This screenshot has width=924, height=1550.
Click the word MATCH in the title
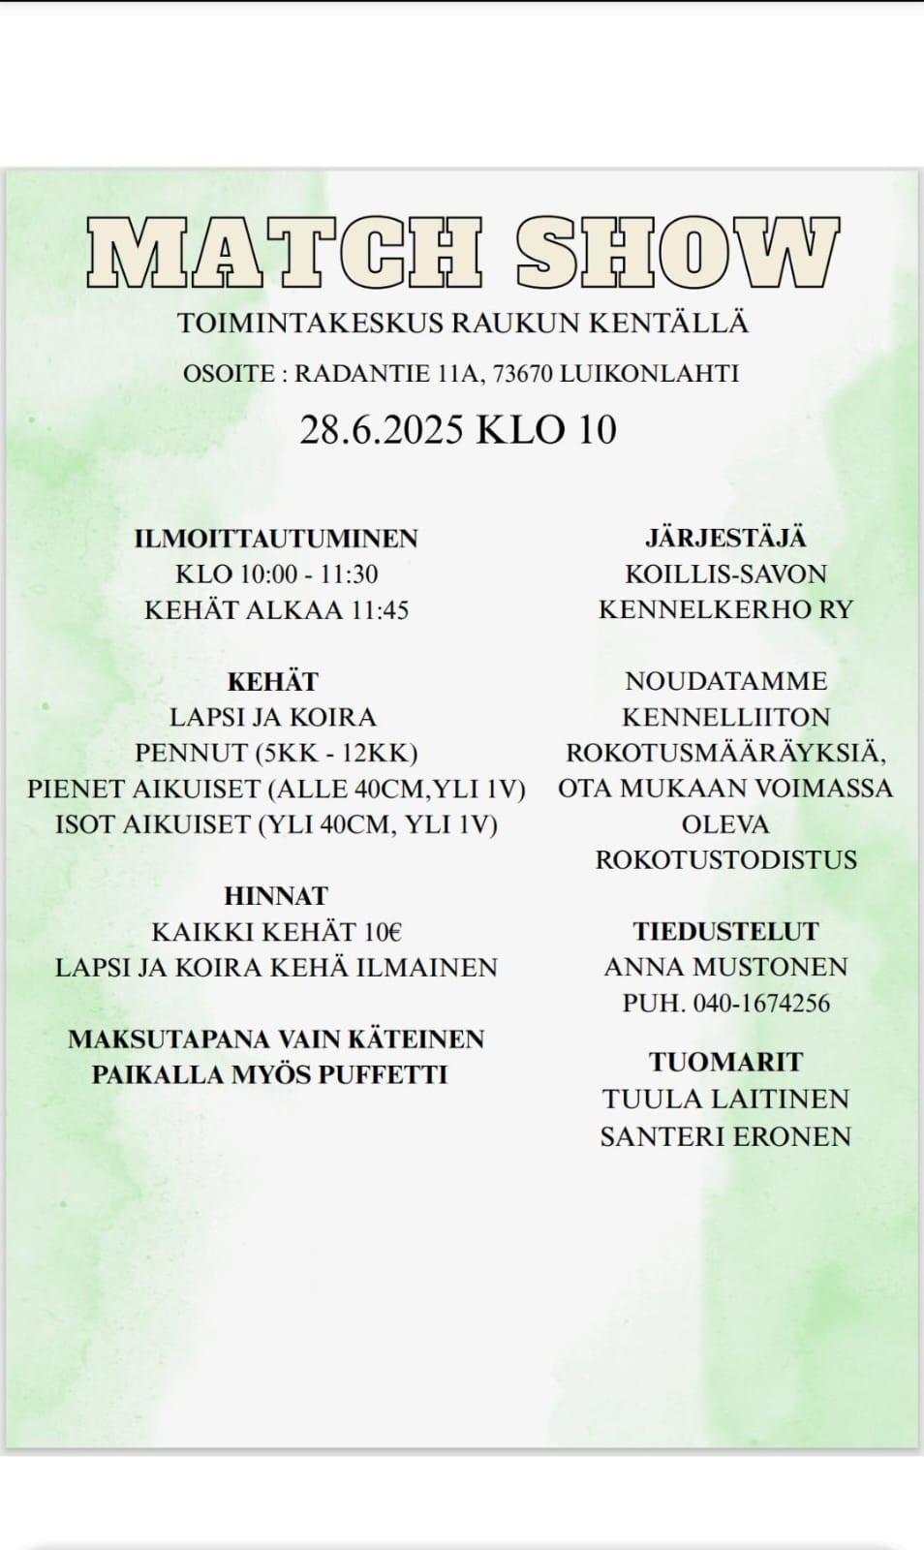(x=284, y=253)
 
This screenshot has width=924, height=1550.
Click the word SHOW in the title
(x=677, y=253)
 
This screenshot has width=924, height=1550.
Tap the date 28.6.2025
(x=382, y=429)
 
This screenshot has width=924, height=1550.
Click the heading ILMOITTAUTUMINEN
(x=276, y=539)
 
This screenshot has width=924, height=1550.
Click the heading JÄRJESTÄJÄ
(x=725, y=539)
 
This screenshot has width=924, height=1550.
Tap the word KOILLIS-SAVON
(x=725, y=574)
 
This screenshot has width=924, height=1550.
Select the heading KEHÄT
(x=273, y=682)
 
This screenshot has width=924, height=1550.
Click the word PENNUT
(x=191, y=754)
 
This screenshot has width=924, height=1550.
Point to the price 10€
(x=383, y=932)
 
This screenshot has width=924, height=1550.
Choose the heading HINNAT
(x=276, y=896)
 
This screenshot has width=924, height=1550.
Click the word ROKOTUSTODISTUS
(x=725, y=860)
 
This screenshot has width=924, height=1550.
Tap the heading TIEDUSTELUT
(x=725, y=932)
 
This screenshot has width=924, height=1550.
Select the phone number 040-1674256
(x=761, y=1003)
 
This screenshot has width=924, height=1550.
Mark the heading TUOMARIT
(x=725, y=1063)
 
